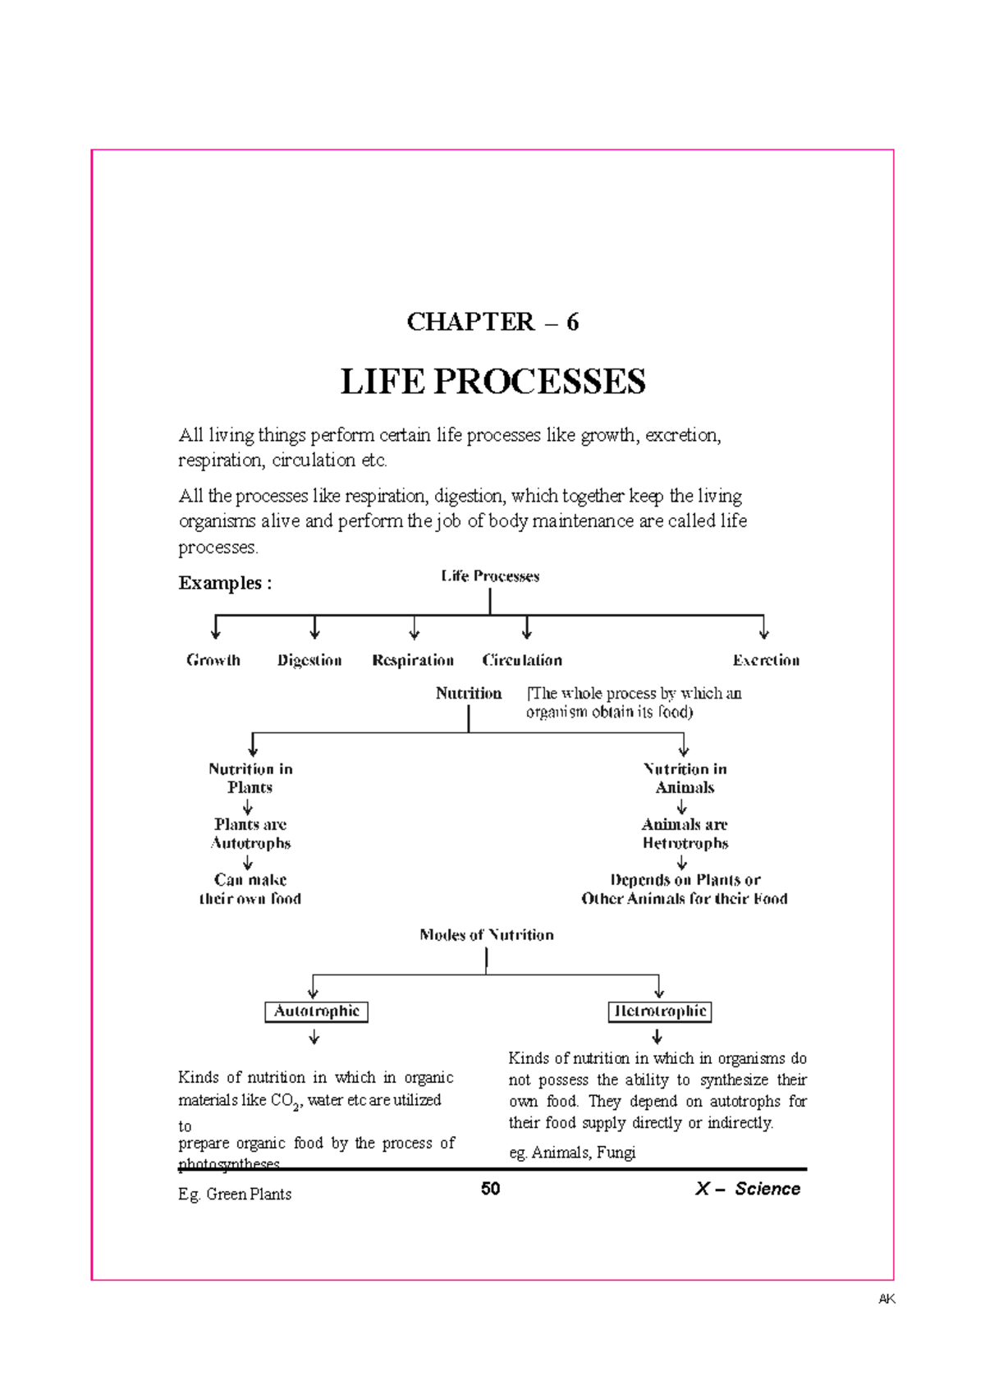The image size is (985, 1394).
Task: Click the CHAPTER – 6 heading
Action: click(x=492, y=322)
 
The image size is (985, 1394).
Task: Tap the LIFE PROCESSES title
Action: click(x=492, y=382)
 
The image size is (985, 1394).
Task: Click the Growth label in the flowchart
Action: click(x=213, y=660)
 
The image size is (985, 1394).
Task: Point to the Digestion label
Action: click(x=309, y=660)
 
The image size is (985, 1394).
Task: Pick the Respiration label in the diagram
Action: click(x=413, y=660)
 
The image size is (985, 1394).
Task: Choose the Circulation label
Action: click(x=522, y=660)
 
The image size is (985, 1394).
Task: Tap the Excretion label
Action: click(x=766, y=660)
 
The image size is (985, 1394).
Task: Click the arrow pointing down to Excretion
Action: click(x=763, y=629)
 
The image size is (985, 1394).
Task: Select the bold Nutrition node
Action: click(x=469, y=693)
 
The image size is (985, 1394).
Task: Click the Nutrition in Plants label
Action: click(x=250, y=777)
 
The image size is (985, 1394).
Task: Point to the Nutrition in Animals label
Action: click(x=685, y=777)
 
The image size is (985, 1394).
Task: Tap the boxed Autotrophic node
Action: click(x=316, y=1011)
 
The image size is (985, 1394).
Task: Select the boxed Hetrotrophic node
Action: click(x=660, y=1011)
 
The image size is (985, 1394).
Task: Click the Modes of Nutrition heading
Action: click(x=487, y=934)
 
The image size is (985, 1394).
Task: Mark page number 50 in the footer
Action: click(x=491, y=1189)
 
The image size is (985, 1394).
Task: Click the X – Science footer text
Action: click(x=747, y=1189)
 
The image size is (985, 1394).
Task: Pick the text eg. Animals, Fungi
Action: click(x=572, y=1153)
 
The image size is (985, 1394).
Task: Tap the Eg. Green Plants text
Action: click(x=235, y=1195)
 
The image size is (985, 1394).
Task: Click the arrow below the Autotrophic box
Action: click(x=314, y=1039)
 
